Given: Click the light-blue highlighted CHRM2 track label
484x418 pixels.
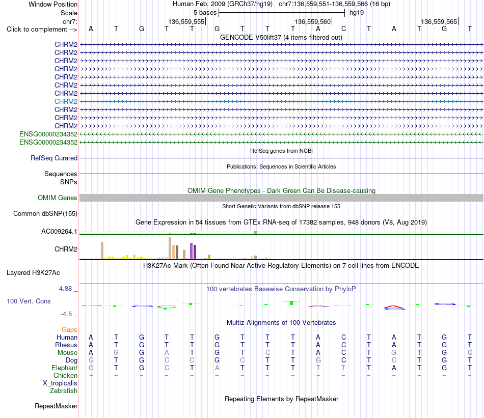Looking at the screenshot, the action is pyautogui.click(x=66, y=101).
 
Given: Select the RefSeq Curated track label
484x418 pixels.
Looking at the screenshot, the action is pyautogui.click(x=54, y=158).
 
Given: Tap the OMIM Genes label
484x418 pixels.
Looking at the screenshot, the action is pyautogui.click(x=58, y=198).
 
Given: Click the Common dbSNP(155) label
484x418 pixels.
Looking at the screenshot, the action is pyautogui.click(x=45, y=213).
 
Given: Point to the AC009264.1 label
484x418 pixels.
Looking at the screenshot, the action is pyautogui.click(x=59, y=231).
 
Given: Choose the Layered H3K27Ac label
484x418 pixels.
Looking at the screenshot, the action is pyautogui.click(x=33, y=273).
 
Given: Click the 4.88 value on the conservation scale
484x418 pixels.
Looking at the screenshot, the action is pyautogui.click(x=65, y=289).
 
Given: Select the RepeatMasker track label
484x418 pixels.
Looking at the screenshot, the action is pyautogui.click(x=56, y=406).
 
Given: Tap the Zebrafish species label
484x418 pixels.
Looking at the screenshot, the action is pyautogui.click(x=64, y=391).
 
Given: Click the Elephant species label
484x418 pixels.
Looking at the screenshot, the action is pyautogui.click(x=65, y=368).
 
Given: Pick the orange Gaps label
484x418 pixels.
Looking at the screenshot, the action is pyautogui.click(x=69, y=330).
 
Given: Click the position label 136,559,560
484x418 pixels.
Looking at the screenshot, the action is pyautogui.click(x=313, y=21).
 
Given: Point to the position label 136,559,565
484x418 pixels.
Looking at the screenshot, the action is pyautogui.click(x=439, y=21).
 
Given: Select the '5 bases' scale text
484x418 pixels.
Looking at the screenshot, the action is pyautogui.click(x=205, y=13).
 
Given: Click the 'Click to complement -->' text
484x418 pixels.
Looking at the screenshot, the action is pyautogui.click(x=42, y=30).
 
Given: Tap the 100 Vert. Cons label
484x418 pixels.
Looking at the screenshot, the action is pyautogui.click(x=29, y=301).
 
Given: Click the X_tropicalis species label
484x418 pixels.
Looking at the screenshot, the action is pyautogui.click(x=60, y=383).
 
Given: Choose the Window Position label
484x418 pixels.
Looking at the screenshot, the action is pyautogui.click(x=53, y=4).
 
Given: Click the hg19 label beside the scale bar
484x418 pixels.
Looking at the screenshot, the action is pyautogui.click(x=357, y=13).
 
